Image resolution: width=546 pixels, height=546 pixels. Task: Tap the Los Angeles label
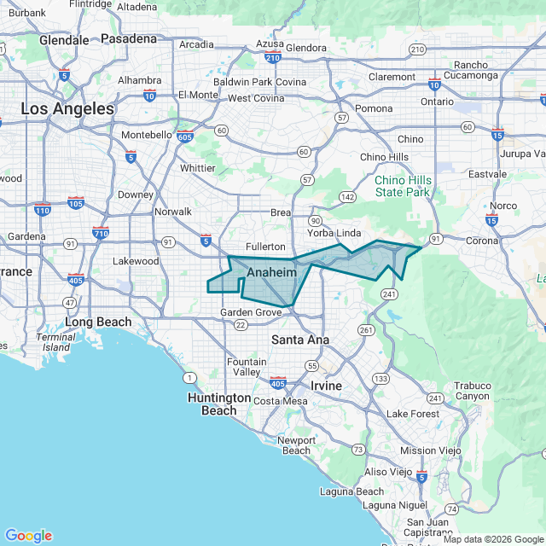tap(67, 109)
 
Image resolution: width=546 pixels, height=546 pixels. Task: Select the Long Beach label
tap(99, 322)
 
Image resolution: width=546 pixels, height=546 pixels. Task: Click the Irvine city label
tap(326, 386)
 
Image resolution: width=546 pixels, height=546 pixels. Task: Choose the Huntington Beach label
tap(219, 404)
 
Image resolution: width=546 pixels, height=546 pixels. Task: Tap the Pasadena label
tap(129, 38)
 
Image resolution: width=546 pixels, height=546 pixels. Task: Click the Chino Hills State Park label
tap(403, 186)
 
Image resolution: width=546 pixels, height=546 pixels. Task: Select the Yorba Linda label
tap(334, 233)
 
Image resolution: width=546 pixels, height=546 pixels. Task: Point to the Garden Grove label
tap(251, 312)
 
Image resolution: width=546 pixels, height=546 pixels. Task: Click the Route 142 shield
tap(347, 196)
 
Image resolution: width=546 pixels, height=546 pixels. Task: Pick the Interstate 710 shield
tap(101, 233)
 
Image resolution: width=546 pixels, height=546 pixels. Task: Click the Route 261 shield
tap(367, 329)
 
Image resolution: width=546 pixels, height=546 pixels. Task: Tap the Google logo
tap(28, 536)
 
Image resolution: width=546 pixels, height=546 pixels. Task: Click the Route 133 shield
tap(380, 378)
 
